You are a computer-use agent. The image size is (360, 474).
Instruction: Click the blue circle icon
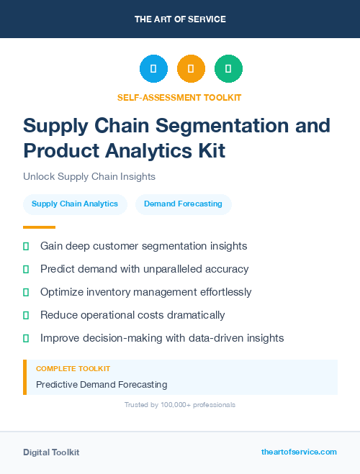click(x=153, y=69)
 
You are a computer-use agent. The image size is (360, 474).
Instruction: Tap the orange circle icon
click(x=191, y=69)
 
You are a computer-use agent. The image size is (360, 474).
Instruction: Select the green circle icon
click(x=228, y=69)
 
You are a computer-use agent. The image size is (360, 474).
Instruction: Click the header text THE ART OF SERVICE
click(x=180, y=19)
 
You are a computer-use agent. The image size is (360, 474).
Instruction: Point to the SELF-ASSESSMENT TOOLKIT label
click(x=179, y=97)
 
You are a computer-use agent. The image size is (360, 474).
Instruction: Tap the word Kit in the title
click(x=209, y=151)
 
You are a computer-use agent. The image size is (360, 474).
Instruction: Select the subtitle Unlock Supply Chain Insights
click(x=89, y=176)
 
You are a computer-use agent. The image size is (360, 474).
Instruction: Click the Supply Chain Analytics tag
click(x=75, y=204)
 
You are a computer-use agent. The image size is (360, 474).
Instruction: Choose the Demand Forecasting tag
click(x=183, y=204)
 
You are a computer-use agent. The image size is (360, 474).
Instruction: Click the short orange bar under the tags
click(x=29, y=227)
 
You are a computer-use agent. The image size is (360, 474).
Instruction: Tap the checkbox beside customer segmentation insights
click(x=26, y=246)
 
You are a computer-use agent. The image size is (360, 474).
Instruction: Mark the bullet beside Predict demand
click(x=26, y=269)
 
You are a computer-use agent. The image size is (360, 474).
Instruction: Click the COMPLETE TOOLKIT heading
click(x=73, y=369)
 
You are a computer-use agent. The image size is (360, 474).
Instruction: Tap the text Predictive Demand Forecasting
click(x=102, y=385)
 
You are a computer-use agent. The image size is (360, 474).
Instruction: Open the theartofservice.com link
click(x=299, y=452)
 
